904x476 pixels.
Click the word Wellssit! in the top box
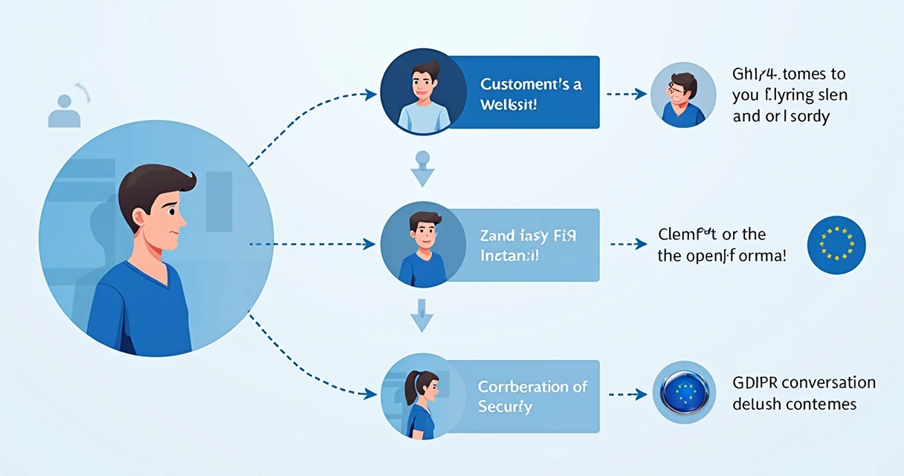point(508,103)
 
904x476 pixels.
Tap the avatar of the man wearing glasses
point(682,94)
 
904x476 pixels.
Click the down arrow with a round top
point(422,169)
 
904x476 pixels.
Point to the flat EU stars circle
point(836,243)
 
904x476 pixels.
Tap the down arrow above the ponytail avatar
point(422,315)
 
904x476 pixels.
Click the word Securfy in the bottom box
point(506,407)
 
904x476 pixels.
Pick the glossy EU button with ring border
point(684,393)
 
